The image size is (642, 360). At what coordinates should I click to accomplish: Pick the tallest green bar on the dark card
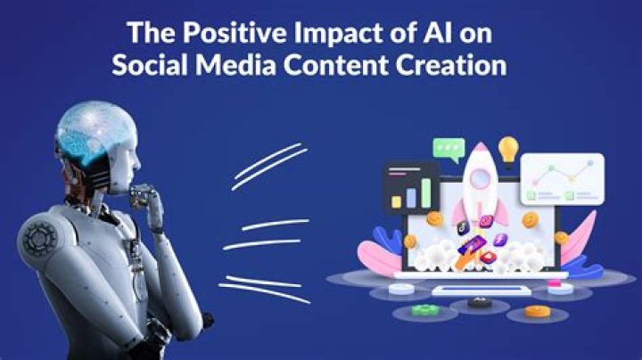(427, 192)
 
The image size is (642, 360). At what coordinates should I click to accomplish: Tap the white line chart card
(562, 179)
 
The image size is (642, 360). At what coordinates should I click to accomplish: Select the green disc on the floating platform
(426, 309)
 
